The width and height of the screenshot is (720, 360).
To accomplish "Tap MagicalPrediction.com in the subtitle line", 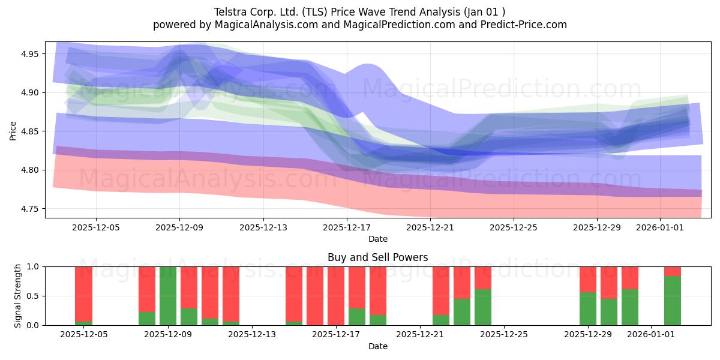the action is pyautogui.click(x=399, y=25).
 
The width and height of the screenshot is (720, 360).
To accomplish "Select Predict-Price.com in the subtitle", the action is pyautogui.click(x=524, y=25).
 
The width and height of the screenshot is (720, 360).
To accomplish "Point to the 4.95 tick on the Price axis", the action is pyautogui.click(x=29, y=54).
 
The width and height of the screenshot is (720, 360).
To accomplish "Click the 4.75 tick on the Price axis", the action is pyautogui.click(x=29, y=209).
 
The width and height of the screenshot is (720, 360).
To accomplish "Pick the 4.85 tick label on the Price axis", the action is pyautogui.click(x=29, y=131).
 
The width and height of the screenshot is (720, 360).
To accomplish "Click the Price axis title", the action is pyautogui.click(x=13, y=131).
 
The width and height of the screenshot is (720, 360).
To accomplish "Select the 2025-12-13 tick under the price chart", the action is pyautogui.click(x=263, y=227).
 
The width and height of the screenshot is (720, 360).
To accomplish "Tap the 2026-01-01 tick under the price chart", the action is pyautogui.click(x=660, y=227).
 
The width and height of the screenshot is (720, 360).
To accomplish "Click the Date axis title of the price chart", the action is pyautogui.click(x=378, y=239).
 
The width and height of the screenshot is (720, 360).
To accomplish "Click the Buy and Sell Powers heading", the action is pyautogui.click(x=377, y=257).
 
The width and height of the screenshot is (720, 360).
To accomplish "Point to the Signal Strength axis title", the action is pyautogui.click(x=17, y=296).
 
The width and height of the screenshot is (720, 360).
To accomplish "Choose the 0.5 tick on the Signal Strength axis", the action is pyautogui.click(x=33, y=296).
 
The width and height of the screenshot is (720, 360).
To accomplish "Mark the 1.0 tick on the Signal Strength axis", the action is pyautogui.click(x=33, y=267).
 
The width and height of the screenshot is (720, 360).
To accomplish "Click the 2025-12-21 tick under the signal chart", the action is pyautogui.click(x=420, y=335).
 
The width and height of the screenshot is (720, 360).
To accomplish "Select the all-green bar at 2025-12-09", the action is pyautogui.click(x=168, y=296).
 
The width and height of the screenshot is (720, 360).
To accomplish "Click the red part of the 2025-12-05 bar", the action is pyautogui.click(x=83, y=294).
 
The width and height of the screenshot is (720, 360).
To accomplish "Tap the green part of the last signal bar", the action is pyautogui.click(x=673, y=301).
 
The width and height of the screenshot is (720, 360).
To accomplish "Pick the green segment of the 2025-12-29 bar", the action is pyautogui.click(x=588, y=308).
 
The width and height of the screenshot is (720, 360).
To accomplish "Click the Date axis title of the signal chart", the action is pyautogui.click(x=378, y=346).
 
